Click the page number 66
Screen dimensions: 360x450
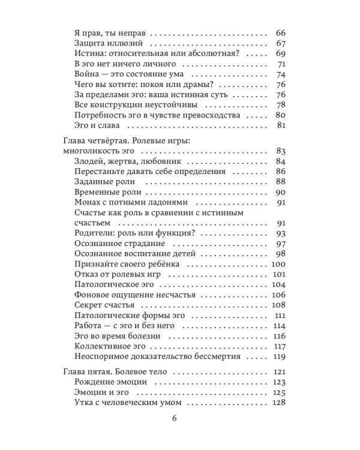280,32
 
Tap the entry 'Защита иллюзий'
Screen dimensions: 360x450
108,43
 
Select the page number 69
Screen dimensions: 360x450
280,53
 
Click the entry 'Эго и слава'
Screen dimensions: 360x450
98,126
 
